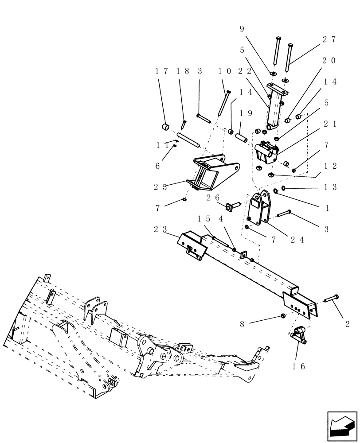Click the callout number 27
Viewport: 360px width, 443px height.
point(329,39)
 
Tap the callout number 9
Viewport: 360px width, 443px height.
point(242,29)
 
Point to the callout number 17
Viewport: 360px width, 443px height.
point(162,71)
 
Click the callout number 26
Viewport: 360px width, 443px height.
point(211,198)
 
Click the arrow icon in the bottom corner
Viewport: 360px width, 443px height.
point(342,426)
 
